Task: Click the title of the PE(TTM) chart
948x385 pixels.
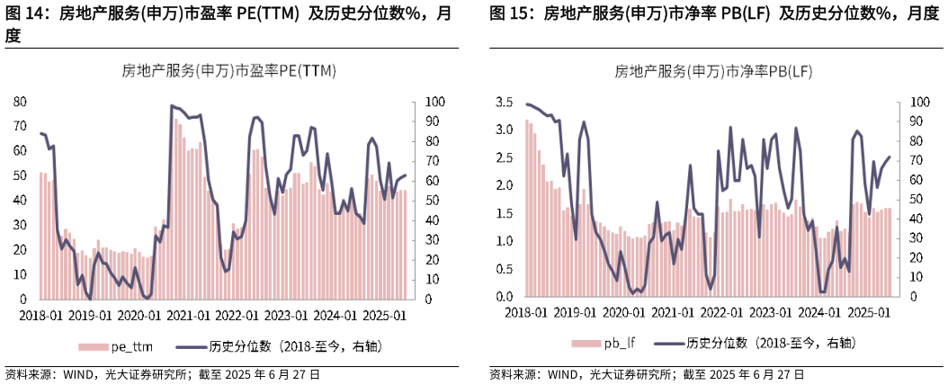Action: tap(229, 72)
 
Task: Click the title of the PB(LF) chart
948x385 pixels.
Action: tap(713, 72)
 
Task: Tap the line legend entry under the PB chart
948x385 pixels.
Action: tap(755, 344)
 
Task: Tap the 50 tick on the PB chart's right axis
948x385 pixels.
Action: tap(916, 200)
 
